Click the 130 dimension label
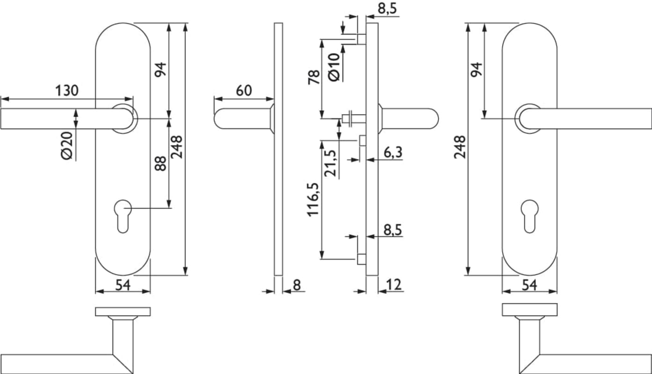[x=67, y=91]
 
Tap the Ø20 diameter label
[x=67, y=145]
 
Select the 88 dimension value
[x=160, y=163]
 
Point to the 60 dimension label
[x=244, y=90]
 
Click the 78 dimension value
[x=314, y=77]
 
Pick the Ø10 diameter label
[x=334, y=67]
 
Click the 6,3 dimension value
[x=393, y=152]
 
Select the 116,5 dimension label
[x=313, y=199]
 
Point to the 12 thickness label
[x=394, y=284]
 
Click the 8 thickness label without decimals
[x=297, y=284]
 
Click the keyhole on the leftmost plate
[x=123, y=215]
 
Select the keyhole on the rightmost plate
[x=529, y=215]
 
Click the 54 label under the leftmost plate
[x=123, y=285]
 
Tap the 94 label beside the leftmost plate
[x=160, y=70]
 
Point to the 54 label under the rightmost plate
[x=529, y=285]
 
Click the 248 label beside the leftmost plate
[x=176, y=147]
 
